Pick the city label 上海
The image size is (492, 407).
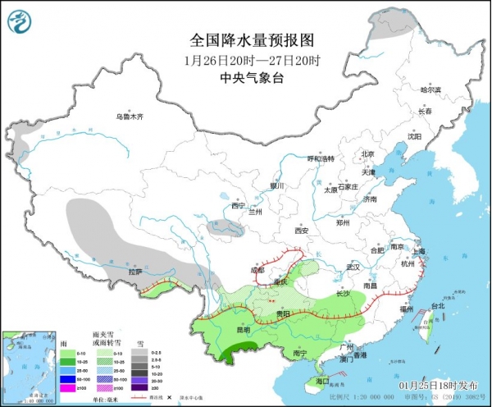(418, 251)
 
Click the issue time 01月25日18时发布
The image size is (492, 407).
(446, 385)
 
